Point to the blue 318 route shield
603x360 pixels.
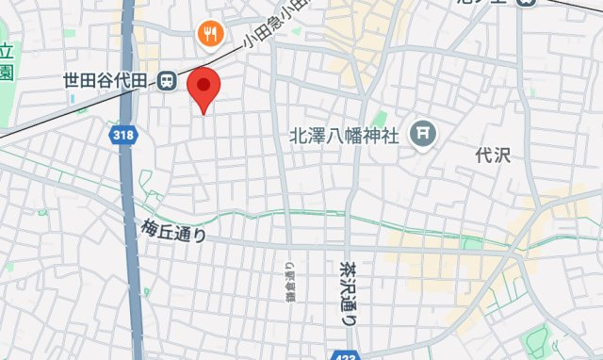(121, 135)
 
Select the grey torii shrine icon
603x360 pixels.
(421, 135)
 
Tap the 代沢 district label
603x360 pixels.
(492, 155)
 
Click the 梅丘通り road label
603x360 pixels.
(174, 229)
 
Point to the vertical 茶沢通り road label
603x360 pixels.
(348, 292)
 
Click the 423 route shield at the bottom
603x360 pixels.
(344, 354)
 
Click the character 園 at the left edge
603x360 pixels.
(6, 73)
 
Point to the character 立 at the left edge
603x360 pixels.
(6, 52)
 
